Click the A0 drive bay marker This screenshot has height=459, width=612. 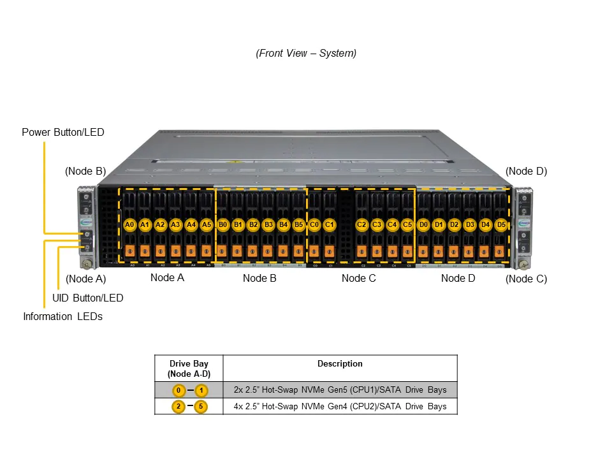pos(129,224)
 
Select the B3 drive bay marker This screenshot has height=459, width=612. pos(268,224)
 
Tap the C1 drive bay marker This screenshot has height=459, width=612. pos(330,224)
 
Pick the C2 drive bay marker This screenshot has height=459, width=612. pos(361,224)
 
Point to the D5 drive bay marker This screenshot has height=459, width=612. pos(501,224)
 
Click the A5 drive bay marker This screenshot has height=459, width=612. pos(207,224)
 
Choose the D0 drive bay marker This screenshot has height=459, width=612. pos(423,224)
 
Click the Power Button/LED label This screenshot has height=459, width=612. pos(62,133)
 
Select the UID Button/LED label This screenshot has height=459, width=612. pos(87,298)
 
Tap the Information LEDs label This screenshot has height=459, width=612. pos(62,316)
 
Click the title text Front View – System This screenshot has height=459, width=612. pos(306,54)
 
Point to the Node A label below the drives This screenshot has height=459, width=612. pos(167,277)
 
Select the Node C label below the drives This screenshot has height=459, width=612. pos(359,278)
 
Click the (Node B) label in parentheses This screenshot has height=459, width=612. pos(85,171)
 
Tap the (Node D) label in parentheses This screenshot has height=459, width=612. pos(526,171)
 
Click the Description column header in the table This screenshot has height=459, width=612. pos(340,364)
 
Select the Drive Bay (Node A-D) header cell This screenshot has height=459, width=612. pos(189,368)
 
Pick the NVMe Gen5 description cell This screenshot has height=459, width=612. pos(340,390)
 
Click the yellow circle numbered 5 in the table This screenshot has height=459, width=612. pos(201,406)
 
